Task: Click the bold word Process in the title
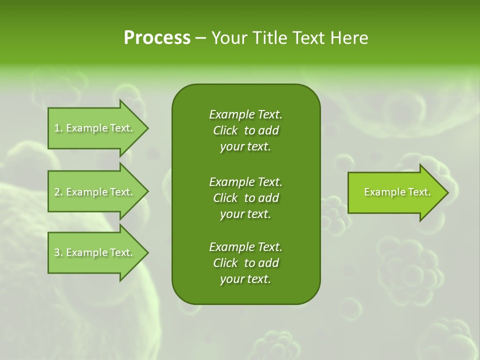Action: pyautogui.click(x=157, y=38)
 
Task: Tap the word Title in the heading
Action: pyautogui.click(x=268, y=38)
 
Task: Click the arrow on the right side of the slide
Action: pyautogui.click(x=397, y=192)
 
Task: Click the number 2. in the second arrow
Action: pyautogui.click(x=58, y=192)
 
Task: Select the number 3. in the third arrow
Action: pyautogui.click(x=58, y=252)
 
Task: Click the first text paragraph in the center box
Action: pyautogui.click(x=245, y=130)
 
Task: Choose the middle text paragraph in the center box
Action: pyautogui.click(x=245, y=197)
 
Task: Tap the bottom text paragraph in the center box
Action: pyautogui.click(x=245, y=263)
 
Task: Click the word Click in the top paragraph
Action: pyautogui.click(x=225, y=130)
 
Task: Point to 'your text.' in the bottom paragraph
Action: pyautogui.click(x=245, y=279)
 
